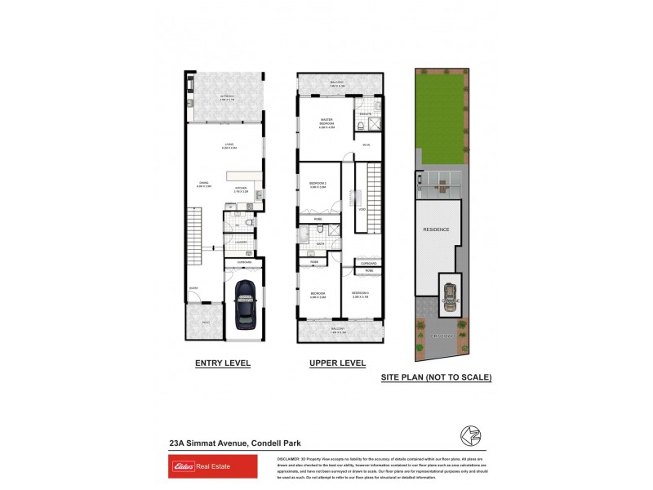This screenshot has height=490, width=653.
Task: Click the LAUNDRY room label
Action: pyautogui.click(x=241, y=243)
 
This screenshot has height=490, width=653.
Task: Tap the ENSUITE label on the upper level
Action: pyautogui.click(x=366, y=113)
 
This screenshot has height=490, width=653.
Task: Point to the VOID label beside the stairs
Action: pyautogui.click(x=362, y=208)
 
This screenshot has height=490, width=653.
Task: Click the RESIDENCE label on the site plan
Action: pyautogui.click(x=436, y=229)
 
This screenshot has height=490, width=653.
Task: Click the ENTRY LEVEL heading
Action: pyautogui.click(x=222, y=363)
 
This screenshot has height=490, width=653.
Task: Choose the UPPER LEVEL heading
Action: pyautogui.click(x=337, y=363)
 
